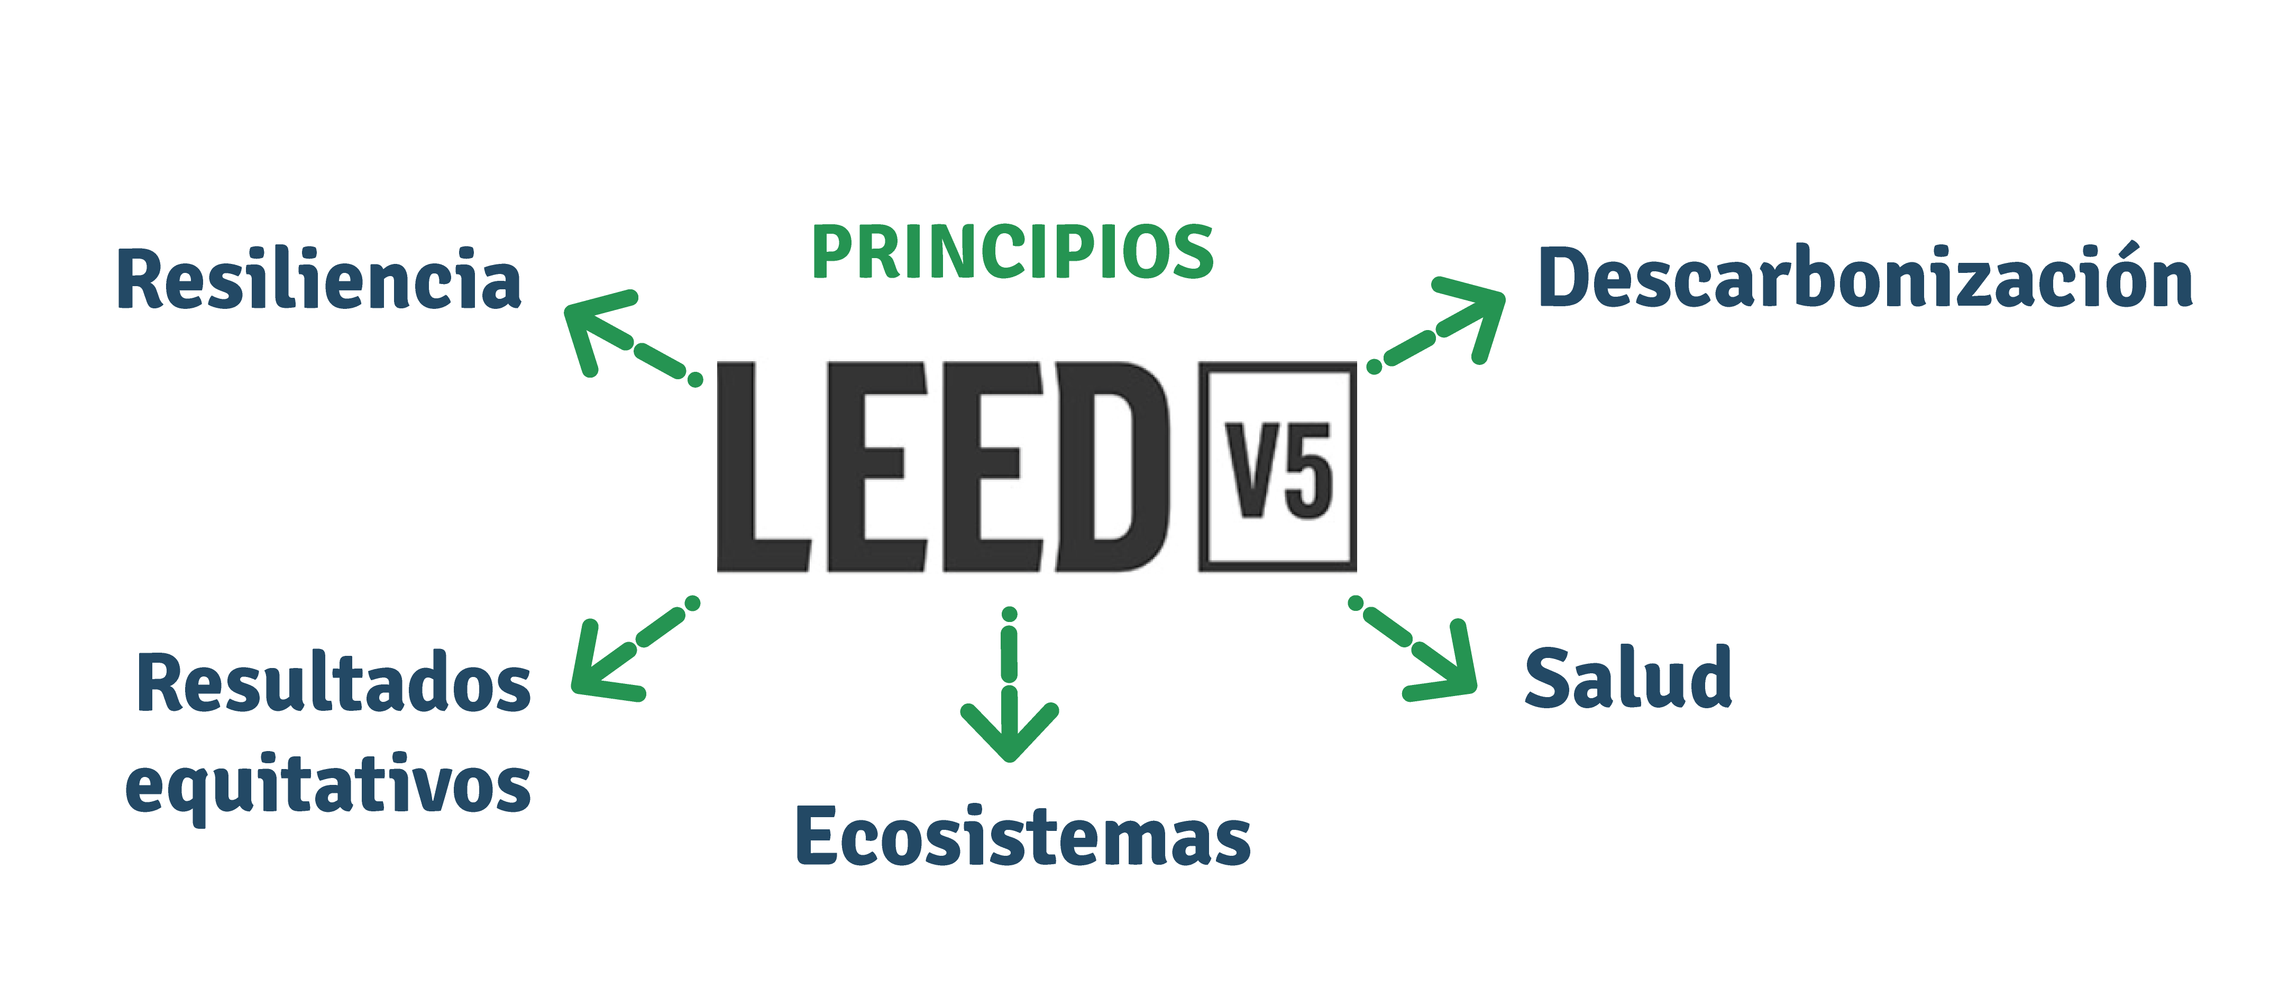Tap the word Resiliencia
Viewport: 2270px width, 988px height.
319,280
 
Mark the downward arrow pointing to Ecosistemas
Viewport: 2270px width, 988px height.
1010,688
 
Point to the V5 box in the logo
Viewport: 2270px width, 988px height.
1277,467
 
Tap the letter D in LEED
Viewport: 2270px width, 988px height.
1115,467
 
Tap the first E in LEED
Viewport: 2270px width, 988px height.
874,467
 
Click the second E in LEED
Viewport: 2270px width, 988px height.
991,467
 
